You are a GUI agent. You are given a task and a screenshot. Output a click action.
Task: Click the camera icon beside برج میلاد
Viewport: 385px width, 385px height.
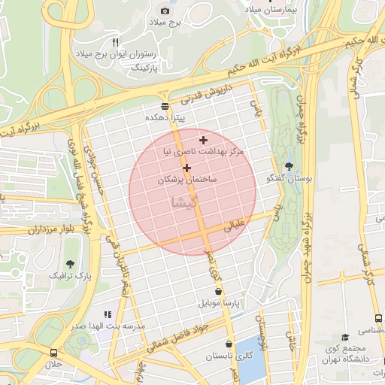tap(165, 11)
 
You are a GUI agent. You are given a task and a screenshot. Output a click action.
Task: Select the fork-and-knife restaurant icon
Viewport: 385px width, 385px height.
tap(115, 42)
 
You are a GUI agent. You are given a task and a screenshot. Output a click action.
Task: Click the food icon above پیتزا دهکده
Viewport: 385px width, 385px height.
tap(165, 106)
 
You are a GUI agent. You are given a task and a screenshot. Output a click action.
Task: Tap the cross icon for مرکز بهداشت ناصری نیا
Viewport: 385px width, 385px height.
tap(203, 140)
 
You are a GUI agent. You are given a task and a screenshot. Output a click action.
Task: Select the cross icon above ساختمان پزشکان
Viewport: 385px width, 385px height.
tap(186, 168)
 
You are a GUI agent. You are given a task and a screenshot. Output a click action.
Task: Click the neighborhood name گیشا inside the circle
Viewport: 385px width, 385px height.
tap(186, 202)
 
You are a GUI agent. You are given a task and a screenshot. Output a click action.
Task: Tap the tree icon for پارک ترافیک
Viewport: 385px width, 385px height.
tap(70, 264)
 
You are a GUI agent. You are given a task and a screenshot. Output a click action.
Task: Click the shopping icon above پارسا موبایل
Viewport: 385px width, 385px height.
tap(218, 291)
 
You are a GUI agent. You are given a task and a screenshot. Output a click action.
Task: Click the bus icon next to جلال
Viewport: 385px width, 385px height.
tap(53, 352)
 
